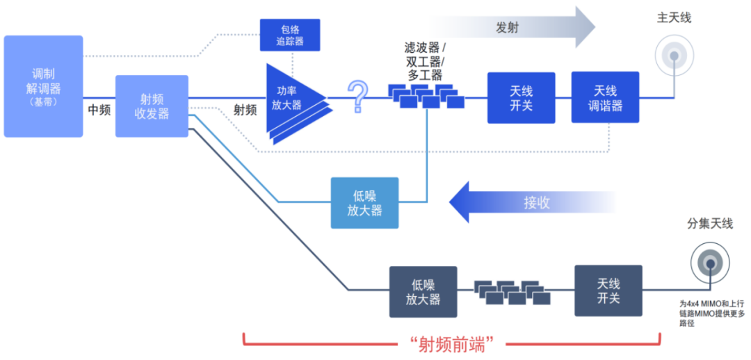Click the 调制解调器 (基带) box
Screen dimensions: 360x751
coord(43,86)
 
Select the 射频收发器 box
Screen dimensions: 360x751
coord(152,106)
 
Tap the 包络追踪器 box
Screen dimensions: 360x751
coord(291,34)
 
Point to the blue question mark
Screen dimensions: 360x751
coord(357,97)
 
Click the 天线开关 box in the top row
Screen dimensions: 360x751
coord(521,98)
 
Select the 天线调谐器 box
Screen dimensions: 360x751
coord(604,97)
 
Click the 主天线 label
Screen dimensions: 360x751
coord(673,17)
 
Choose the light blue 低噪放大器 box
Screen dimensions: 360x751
coord(364,202)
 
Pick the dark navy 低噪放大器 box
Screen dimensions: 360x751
coord(423,291)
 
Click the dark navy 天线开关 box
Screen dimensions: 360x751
coord(608,291)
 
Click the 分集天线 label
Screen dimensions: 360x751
coord(710,224)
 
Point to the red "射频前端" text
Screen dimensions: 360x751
coord(451,343)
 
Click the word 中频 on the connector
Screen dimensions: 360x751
coord(99,109)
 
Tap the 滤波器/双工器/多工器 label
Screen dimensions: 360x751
coord(425,61)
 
